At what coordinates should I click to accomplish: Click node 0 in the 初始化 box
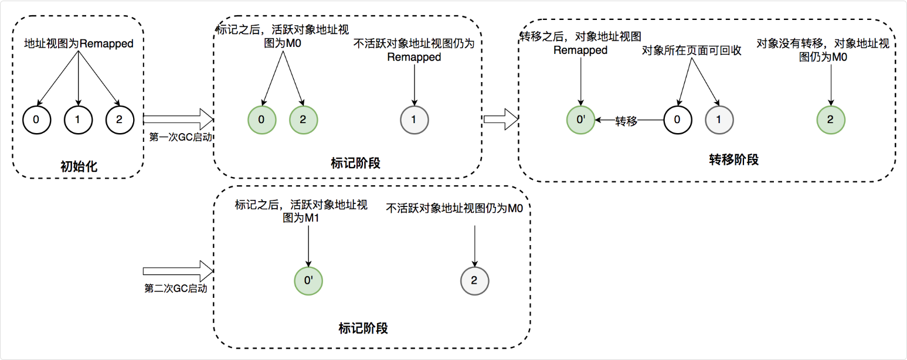tap(36, 120)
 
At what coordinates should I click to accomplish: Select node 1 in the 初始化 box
tap(78, 120)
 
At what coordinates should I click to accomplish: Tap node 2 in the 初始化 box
tap(120, 120)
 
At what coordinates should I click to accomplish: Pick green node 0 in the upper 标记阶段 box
tap(261, 120)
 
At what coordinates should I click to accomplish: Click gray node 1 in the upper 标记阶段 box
tap(415, 120)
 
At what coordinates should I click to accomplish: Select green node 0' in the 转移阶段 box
tap(580, 120)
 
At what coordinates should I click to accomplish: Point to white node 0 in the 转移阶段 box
tap(678, 120)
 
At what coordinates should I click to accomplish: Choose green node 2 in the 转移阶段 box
tap(831, 120)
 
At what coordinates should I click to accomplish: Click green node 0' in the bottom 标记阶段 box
tap(308, 280)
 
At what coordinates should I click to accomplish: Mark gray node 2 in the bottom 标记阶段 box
tap(474, 280)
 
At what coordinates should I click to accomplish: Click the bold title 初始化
tap(79, 167)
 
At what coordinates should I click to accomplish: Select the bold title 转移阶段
tap(734, 159)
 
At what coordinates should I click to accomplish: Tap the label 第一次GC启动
tap(178, 137)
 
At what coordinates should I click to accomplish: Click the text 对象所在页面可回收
tap(692, 50)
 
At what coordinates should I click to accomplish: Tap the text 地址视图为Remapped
tap(79, 43)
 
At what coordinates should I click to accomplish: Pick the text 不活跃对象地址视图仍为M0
tap(455, 208)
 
